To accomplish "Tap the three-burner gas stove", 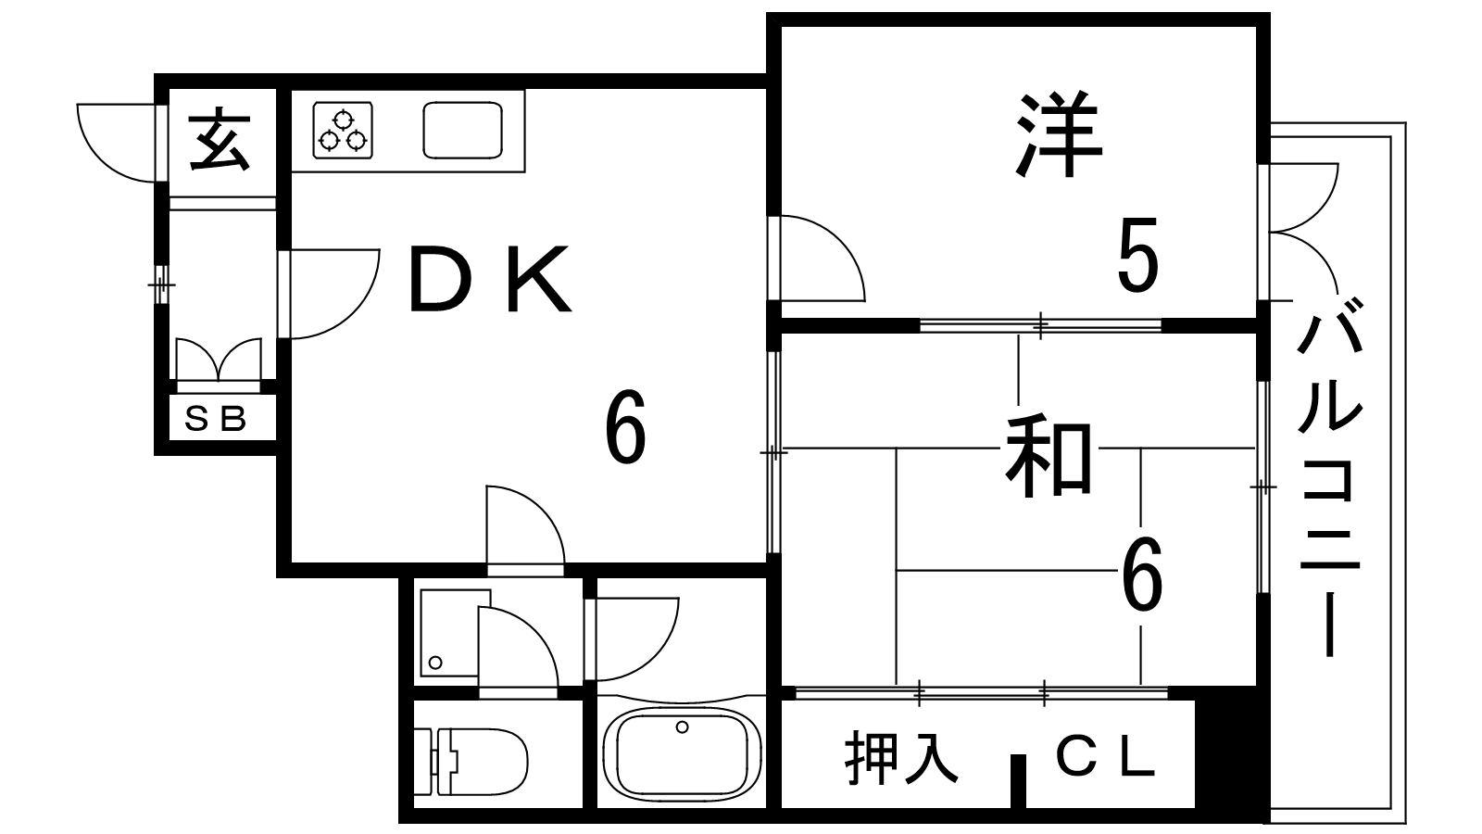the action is coord(343,131).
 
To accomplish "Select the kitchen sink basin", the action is coord(462,131).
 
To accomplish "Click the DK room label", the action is coord(490,279).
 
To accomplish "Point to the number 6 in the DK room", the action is coord(625,427).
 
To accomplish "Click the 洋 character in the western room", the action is coord(1059,135).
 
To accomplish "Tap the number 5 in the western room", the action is coord(1138,255).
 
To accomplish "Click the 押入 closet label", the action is coord(901,758).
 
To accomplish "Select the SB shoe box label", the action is coord(215,418).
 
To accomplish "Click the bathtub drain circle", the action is coord(682,727).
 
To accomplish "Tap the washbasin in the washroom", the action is coord(450,632).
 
